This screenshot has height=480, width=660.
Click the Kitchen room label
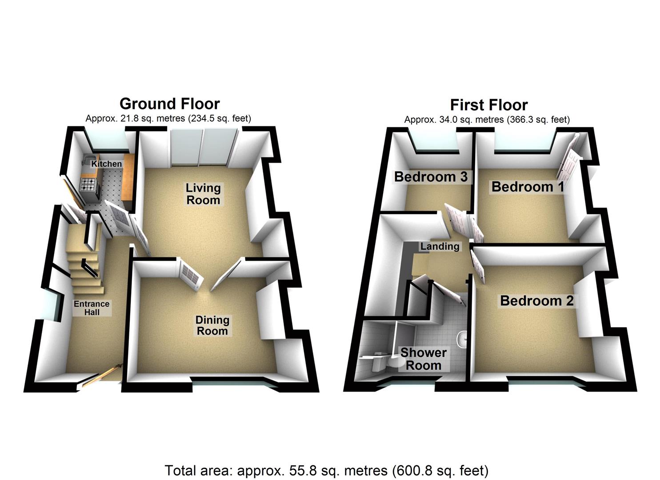tap(106, 164)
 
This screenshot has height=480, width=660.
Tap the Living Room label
tap(203, 194)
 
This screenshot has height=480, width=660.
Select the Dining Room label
tap(212, 325)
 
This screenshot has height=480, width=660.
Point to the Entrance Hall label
tap(92, 308)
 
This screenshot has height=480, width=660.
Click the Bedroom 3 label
tap(431, 177)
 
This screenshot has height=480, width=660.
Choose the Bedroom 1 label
tap(528, 187)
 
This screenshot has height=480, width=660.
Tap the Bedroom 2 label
tap(536, 301)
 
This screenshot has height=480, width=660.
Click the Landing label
tap(440, 246)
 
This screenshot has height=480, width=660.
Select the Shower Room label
tap(423, 359)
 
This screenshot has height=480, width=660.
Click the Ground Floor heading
tap(169, 104)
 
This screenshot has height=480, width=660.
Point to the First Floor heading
tap(488, 105)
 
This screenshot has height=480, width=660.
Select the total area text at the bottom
tap(326, 470)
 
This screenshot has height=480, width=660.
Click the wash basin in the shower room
tap(464, 338)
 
